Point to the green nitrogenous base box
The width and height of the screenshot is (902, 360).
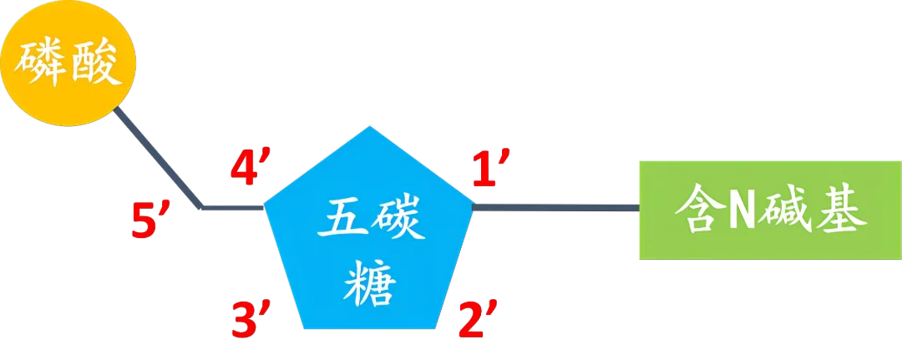pyautogui.click(x=768, y=210)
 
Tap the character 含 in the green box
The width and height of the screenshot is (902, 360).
pyautogui.click(x=698, y=210)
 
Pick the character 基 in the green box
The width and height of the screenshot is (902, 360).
pyautogui.click(x=838, y=210)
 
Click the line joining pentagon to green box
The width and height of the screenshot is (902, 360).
pyautogui.click(x=555, y=205)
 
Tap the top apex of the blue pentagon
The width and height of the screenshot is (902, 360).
pyautogui.click(x=367, y=129)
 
